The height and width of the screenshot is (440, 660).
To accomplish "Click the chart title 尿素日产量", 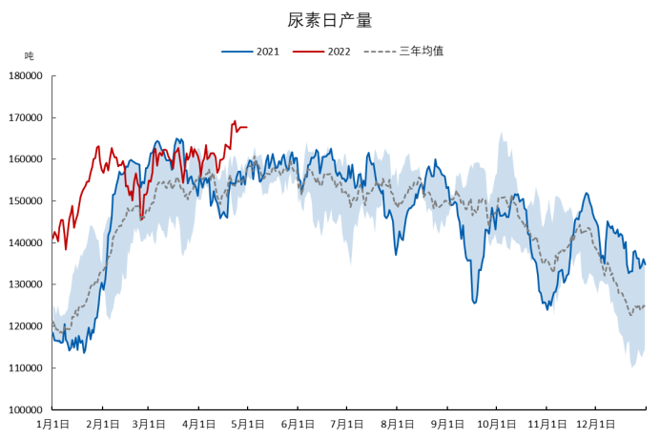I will coord(330,20).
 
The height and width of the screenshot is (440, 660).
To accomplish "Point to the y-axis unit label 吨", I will coord(29,56).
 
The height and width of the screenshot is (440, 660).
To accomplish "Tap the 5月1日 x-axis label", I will coord(247,424).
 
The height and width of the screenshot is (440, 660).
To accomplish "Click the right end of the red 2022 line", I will coord(247,127).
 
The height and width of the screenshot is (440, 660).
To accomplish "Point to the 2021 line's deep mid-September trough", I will coord(474,303).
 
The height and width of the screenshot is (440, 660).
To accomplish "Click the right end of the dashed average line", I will coord(645,306).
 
